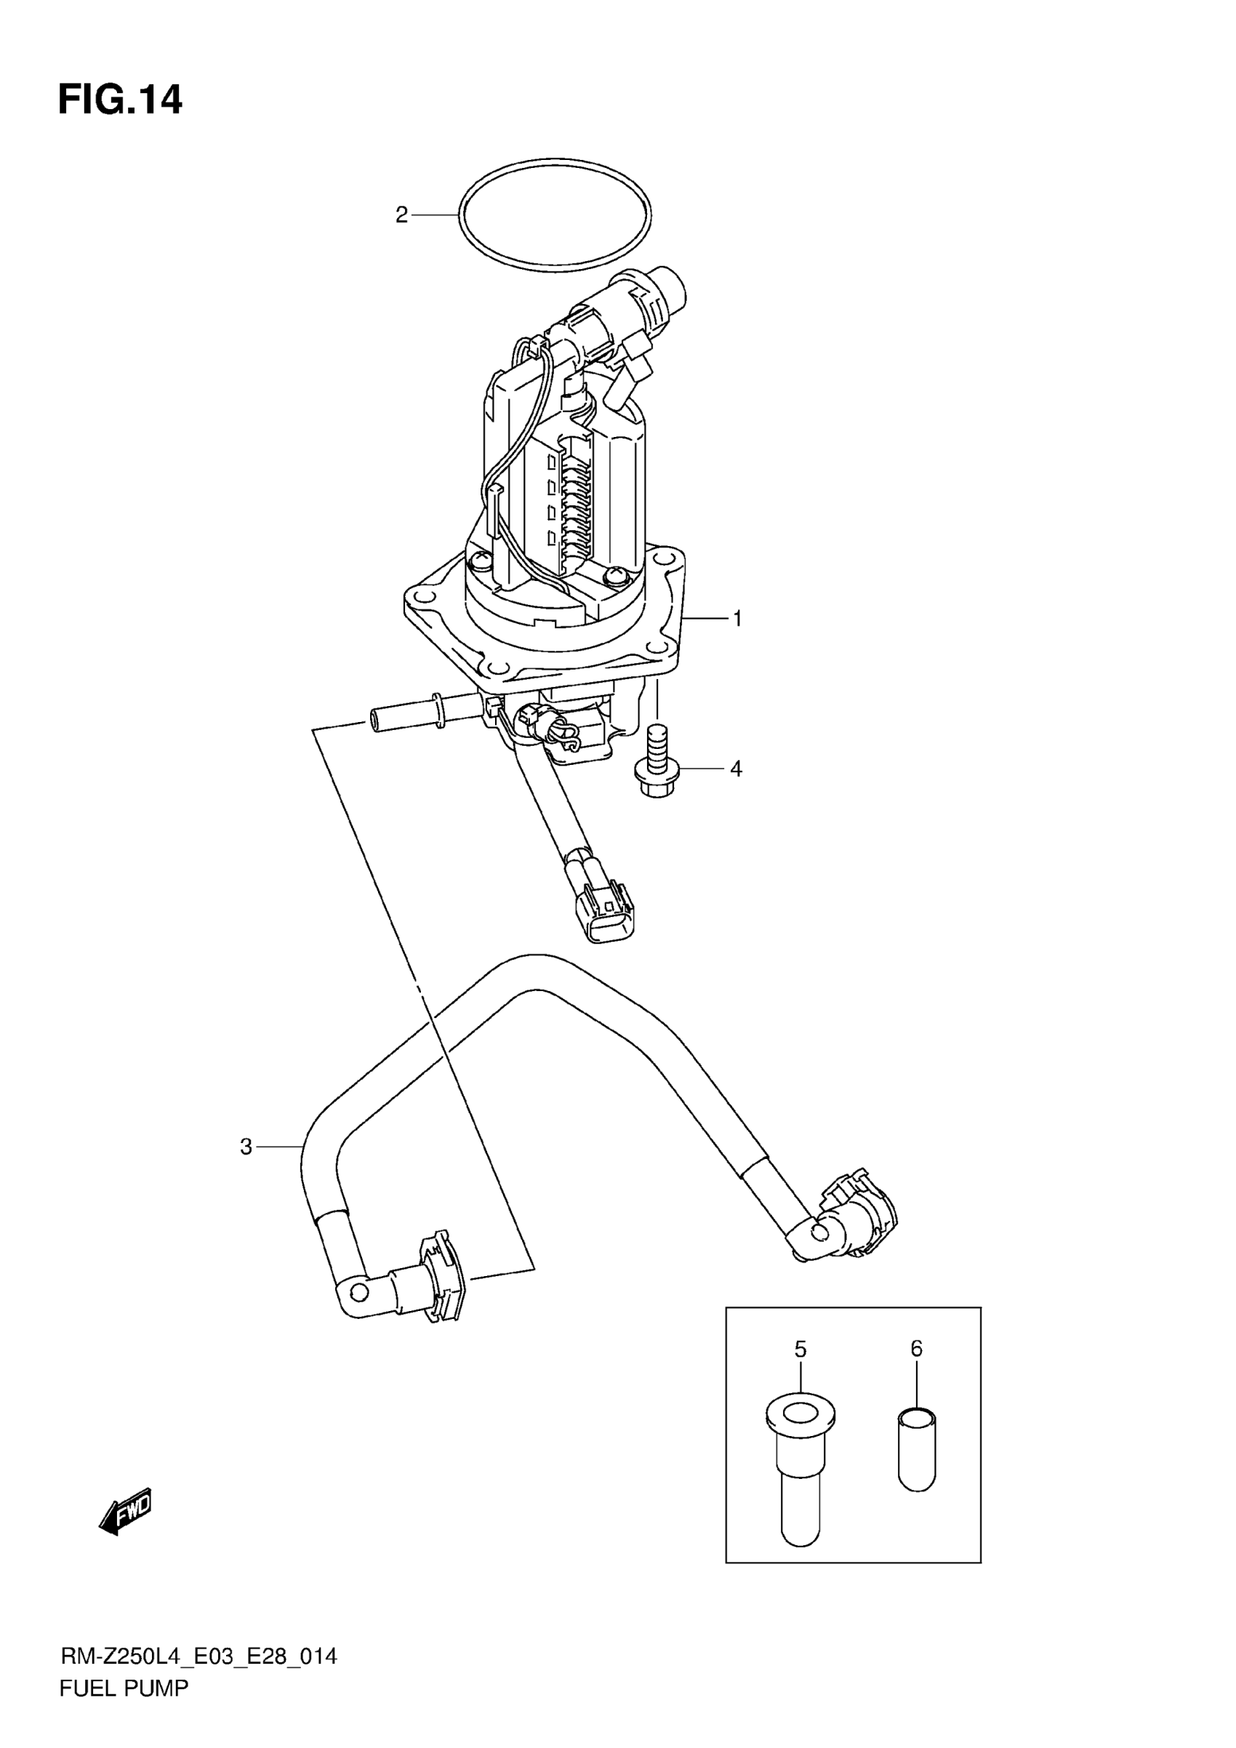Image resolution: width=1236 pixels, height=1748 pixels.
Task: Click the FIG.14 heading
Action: [120, 100]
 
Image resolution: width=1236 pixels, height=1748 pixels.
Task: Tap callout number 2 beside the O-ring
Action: [402, 215]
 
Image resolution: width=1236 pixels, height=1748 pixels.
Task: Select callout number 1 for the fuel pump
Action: [737, 619]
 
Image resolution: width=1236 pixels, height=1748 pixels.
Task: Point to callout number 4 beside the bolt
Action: [735, 769]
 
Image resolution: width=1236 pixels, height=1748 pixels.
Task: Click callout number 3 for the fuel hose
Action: [246, 1168]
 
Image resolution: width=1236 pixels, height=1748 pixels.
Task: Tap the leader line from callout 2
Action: [435, 215]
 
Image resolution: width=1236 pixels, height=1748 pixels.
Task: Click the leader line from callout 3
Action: [279, 1168]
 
